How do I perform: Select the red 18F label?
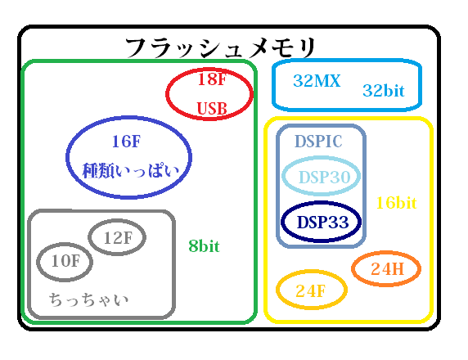click(x=210, y=80)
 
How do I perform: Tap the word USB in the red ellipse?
click(x=210, y=107)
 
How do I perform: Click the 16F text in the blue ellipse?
click(x=126, y=142)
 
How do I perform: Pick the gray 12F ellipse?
click(x=117, y=238)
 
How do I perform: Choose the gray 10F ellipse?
click(x=65, y=262)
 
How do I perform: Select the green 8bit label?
click(x=204, y=245)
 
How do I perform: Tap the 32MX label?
click(x=316, y=81)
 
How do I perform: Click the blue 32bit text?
click(x=384, y=91)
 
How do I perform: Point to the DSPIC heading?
click(x=318, y=142)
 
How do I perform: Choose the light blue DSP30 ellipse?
click(x=322, y=178)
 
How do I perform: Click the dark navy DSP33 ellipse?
click(x=322, y=222)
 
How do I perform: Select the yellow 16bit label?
click(x=396, y=202)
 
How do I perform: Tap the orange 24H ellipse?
click(x=385, y=268)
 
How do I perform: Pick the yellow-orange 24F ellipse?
click(x=311, y=290)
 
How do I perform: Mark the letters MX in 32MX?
click(x=326, y=81)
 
